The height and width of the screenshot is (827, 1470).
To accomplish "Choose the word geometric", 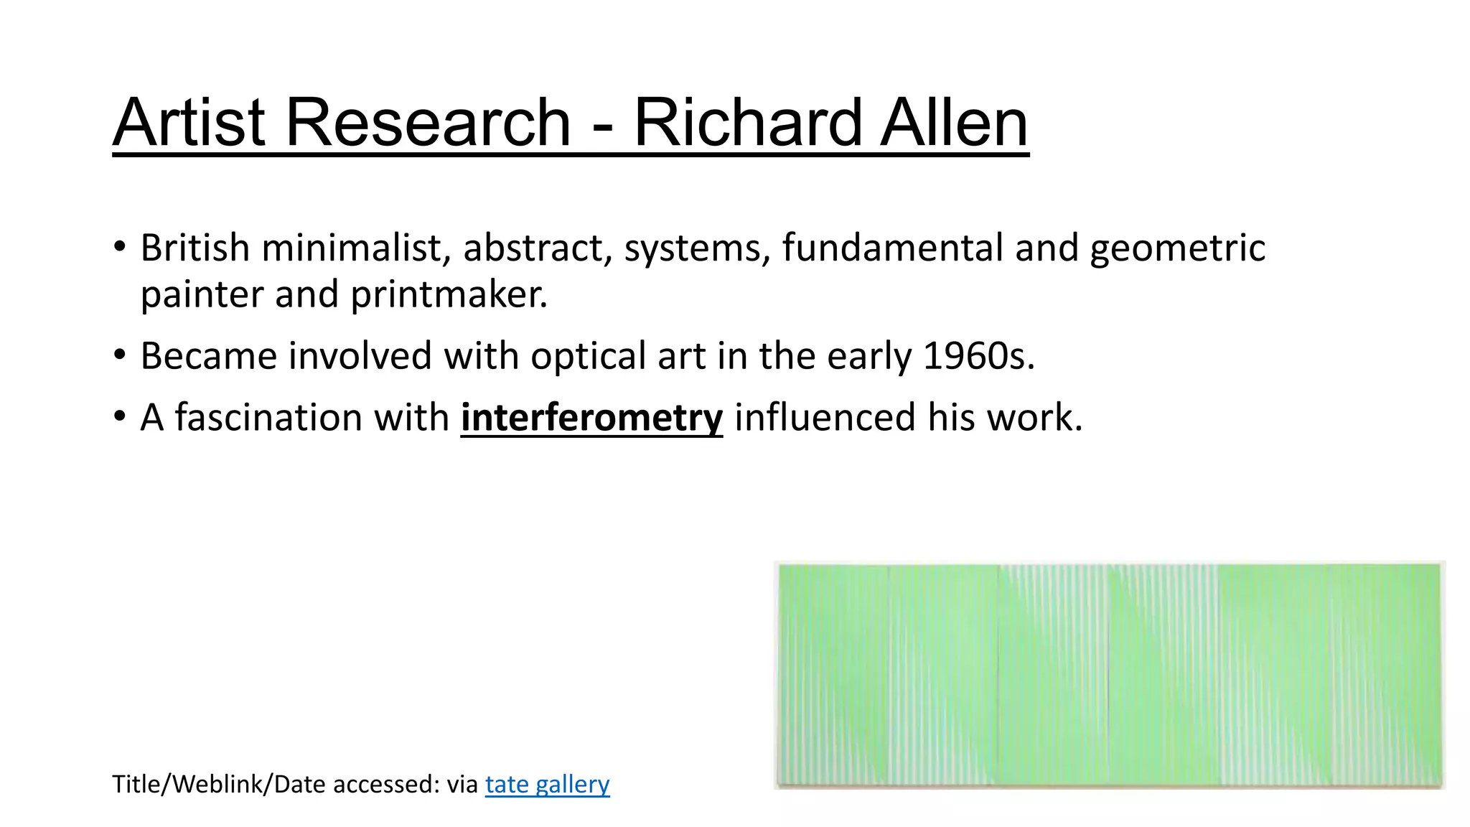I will (1177, 249).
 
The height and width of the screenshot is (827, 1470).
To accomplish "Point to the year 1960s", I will (978, 356).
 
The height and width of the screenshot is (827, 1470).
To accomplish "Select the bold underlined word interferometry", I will (591, 418).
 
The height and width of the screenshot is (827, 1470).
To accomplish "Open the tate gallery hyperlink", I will (547, 784).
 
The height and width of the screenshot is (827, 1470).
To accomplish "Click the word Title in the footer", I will (136, 784).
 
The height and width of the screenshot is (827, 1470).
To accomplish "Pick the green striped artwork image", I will (1109, 675).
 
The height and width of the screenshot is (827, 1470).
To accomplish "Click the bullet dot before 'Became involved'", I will (120, 355).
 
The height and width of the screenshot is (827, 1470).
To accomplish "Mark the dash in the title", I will (603, 128).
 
